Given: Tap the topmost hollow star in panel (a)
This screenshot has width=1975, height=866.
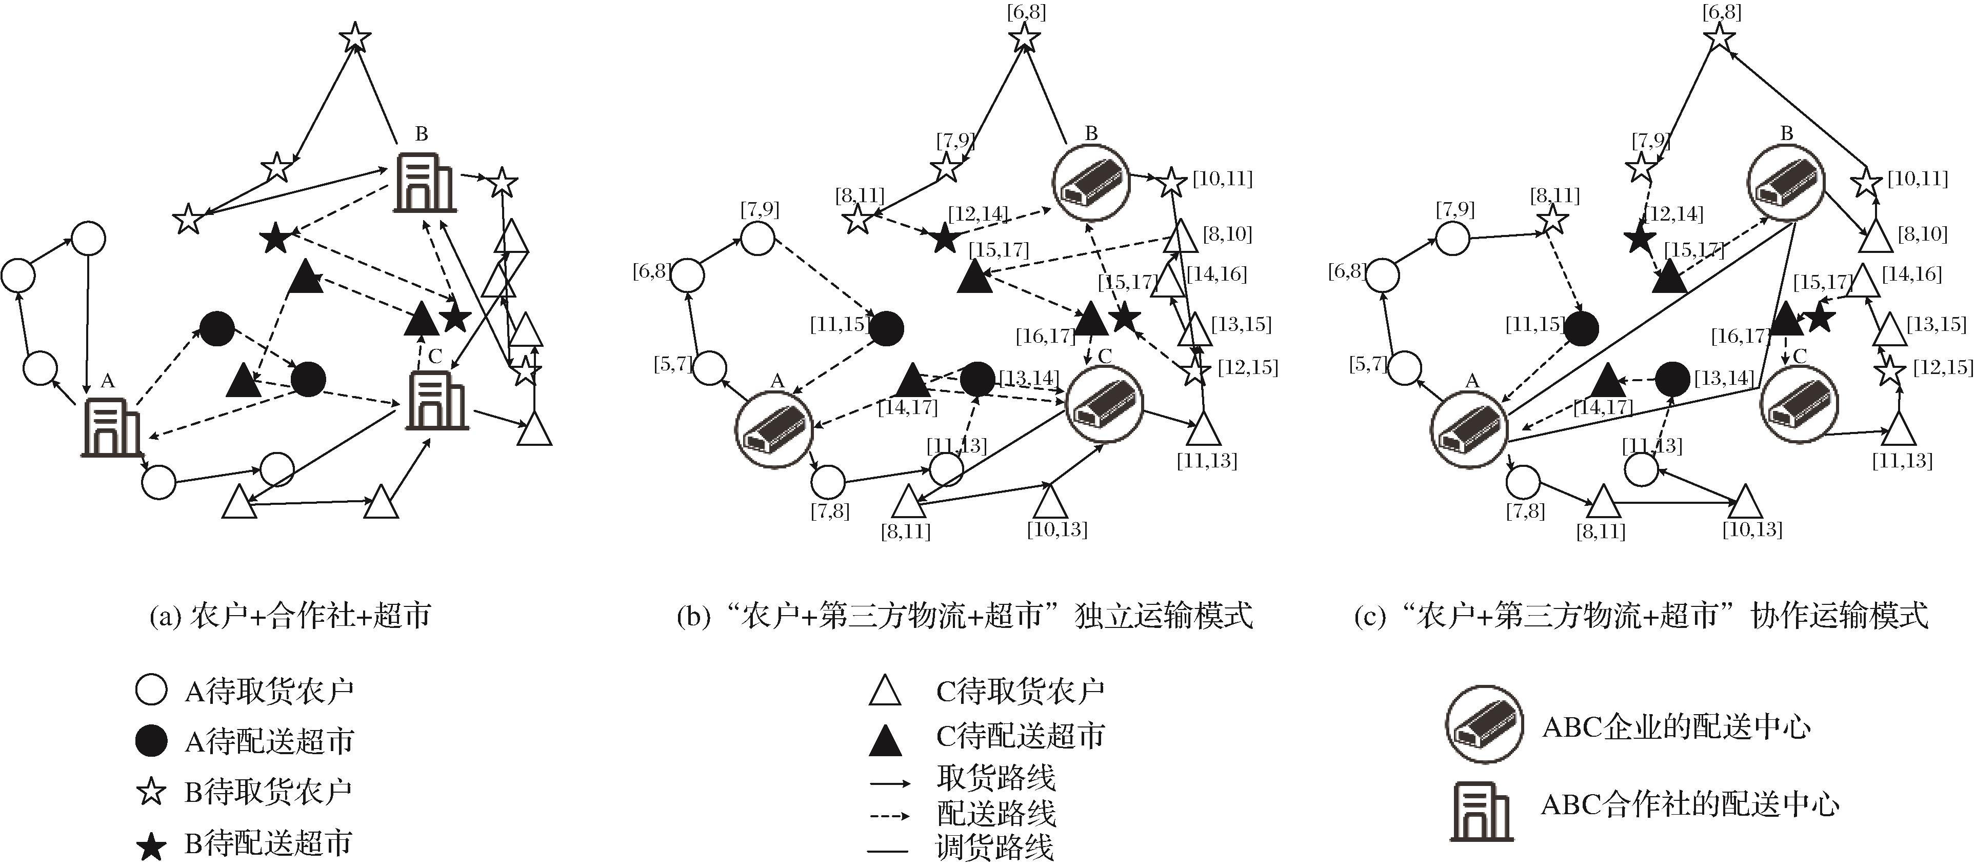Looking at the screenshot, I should click(354, 37).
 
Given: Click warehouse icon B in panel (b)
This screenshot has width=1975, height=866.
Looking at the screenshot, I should click(1091, 184).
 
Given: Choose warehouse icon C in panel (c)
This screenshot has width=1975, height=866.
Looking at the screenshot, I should click(1798, 404).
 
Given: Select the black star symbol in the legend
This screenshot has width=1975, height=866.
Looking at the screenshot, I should click(151, 845).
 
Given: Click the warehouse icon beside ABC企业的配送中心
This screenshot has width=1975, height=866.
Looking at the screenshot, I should click(1484, 725).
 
